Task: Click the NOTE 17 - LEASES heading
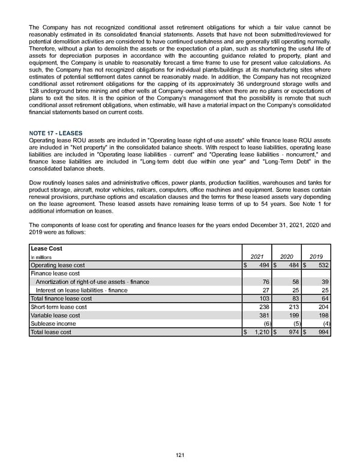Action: [x=56, y=132]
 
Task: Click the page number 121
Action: [x=180, y=455]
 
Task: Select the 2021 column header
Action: [x=256, y=256]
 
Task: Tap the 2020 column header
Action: [x=287, y=256]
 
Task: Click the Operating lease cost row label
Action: [x=58, y=265]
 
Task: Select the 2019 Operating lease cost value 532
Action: [x=324, y=265]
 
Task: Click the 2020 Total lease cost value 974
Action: [x=293, y=332]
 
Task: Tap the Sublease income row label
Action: [x=53, y=324]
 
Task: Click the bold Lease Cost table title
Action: [x=46, y=247]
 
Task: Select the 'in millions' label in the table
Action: [x=43, y=256]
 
